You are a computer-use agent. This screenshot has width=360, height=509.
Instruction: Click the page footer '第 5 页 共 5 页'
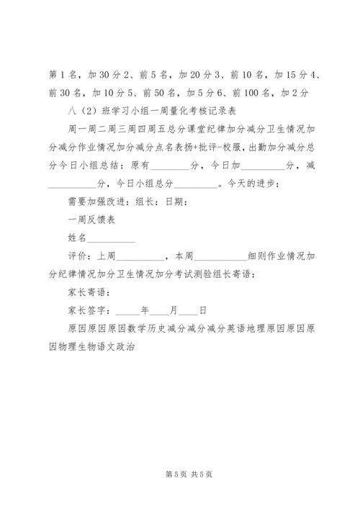(x=180, y=474)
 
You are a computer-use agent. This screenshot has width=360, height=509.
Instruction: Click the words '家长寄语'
(x=84, y=293)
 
